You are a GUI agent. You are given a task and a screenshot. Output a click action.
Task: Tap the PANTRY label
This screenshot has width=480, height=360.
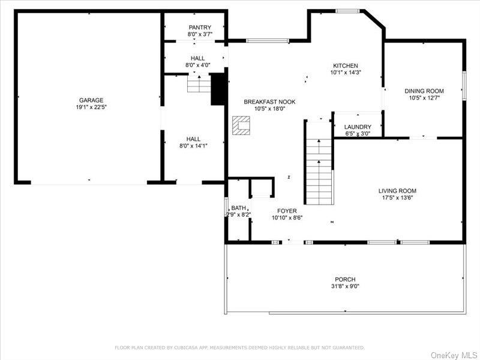click(x=200, y=28)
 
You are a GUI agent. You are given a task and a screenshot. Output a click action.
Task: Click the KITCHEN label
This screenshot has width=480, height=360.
click(x=346, y=66)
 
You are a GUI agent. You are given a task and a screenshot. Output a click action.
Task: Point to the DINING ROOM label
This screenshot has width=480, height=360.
click(x=424, y=91)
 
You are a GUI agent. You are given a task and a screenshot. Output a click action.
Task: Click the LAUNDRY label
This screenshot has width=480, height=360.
click(x=358, y=127)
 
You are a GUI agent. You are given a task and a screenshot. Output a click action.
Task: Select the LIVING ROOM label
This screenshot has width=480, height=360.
click(x=397, y=191)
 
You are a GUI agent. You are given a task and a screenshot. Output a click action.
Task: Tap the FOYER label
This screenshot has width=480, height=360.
click(x=287, y=211)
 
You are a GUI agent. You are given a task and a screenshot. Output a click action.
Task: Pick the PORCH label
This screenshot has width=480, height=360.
click(x=345, y=280)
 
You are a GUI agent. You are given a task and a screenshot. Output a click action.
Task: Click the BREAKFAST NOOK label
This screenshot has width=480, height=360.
click(x=269, y=102)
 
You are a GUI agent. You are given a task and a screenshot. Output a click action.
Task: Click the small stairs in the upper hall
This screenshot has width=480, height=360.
click(x=199, y=83)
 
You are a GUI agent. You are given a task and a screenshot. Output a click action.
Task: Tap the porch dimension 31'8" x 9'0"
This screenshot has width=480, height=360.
click(x=345, y=287)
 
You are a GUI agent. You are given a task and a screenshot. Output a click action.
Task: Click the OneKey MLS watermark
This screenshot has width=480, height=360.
click(x=454, y=354)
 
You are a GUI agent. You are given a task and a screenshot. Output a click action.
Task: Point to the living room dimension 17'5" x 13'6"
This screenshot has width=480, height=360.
click(x=397, y=198)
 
